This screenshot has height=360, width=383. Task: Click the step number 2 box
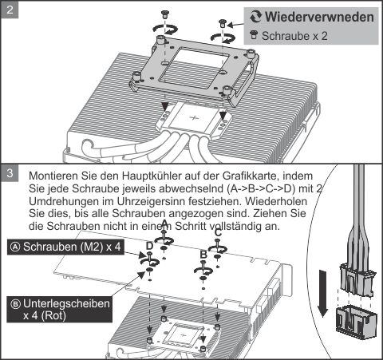tap(9, 9)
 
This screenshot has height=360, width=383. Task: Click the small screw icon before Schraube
tap(254, 35)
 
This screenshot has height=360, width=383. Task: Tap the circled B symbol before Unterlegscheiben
tap(14, 303)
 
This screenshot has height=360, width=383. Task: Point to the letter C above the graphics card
tap(218, 233)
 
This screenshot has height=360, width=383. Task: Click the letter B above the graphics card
tap(203, 254)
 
